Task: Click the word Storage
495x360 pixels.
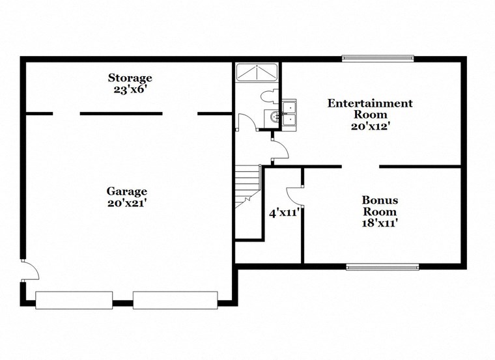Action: pyautogui.click(x=130, y=78)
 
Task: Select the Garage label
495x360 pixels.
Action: pyautogui.click(x=127, y=191)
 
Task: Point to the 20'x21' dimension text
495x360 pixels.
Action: pyautogui.click(x=127, y=202)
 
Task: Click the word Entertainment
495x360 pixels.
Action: pyautogui.click(x=370, y=103)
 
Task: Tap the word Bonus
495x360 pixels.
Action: pyautogui.click(x=380, y=200)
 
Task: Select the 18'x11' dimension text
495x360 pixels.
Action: pyautogui.click(x=380, y=223)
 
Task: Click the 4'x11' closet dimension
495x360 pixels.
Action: pyautogui.click(x=284, y=212)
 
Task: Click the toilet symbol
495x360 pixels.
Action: pyautogui.click(x=267, y=97)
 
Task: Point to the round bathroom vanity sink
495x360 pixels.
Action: pyautogui.click(x=274, y=117)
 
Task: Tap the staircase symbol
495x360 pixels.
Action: pyautogui.click(x=247, y=185)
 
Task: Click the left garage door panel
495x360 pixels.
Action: pyautogui.click(x=74, y=300)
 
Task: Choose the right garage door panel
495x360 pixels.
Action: pyautogui.click(x=175, y=300)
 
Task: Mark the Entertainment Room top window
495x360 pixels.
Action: pyautogui.click(x=378, y=59)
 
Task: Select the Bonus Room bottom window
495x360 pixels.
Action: pyautogui.click(x=382, y=266)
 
